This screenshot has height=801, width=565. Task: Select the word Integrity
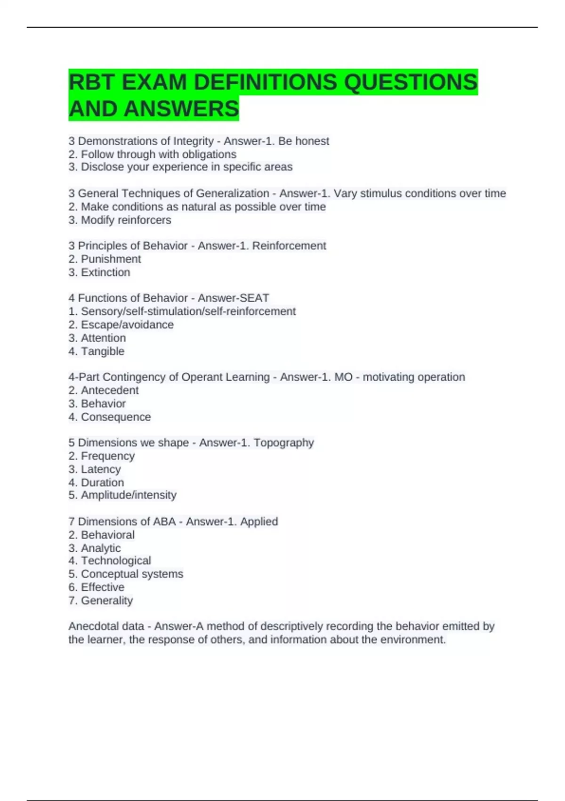(194, 141)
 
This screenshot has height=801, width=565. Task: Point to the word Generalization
(233, 193)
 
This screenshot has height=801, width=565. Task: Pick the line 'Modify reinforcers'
(126, 220)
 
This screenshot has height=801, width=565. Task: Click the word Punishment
(111, 259)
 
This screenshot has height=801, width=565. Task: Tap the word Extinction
(105, 272)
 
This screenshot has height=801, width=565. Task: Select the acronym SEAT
(254, 298)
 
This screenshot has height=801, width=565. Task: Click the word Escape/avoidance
(127, 325)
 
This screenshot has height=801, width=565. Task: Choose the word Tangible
(103, 351)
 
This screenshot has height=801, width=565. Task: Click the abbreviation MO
(343, 377)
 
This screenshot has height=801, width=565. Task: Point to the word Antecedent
(110, 390)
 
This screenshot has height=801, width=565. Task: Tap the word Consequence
(116, 417)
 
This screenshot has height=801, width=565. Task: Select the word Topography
(283, 442)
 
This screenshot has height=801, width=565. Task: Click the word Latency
(101, 469)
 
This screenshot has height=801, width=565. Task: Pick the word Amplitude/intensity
(129, 495)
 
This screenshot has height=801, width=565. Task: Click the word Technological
(116, 561)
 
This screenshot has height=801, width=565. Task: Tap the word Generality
(107, 600)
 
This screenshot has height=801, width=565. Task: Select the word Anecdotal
(92, 626)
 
